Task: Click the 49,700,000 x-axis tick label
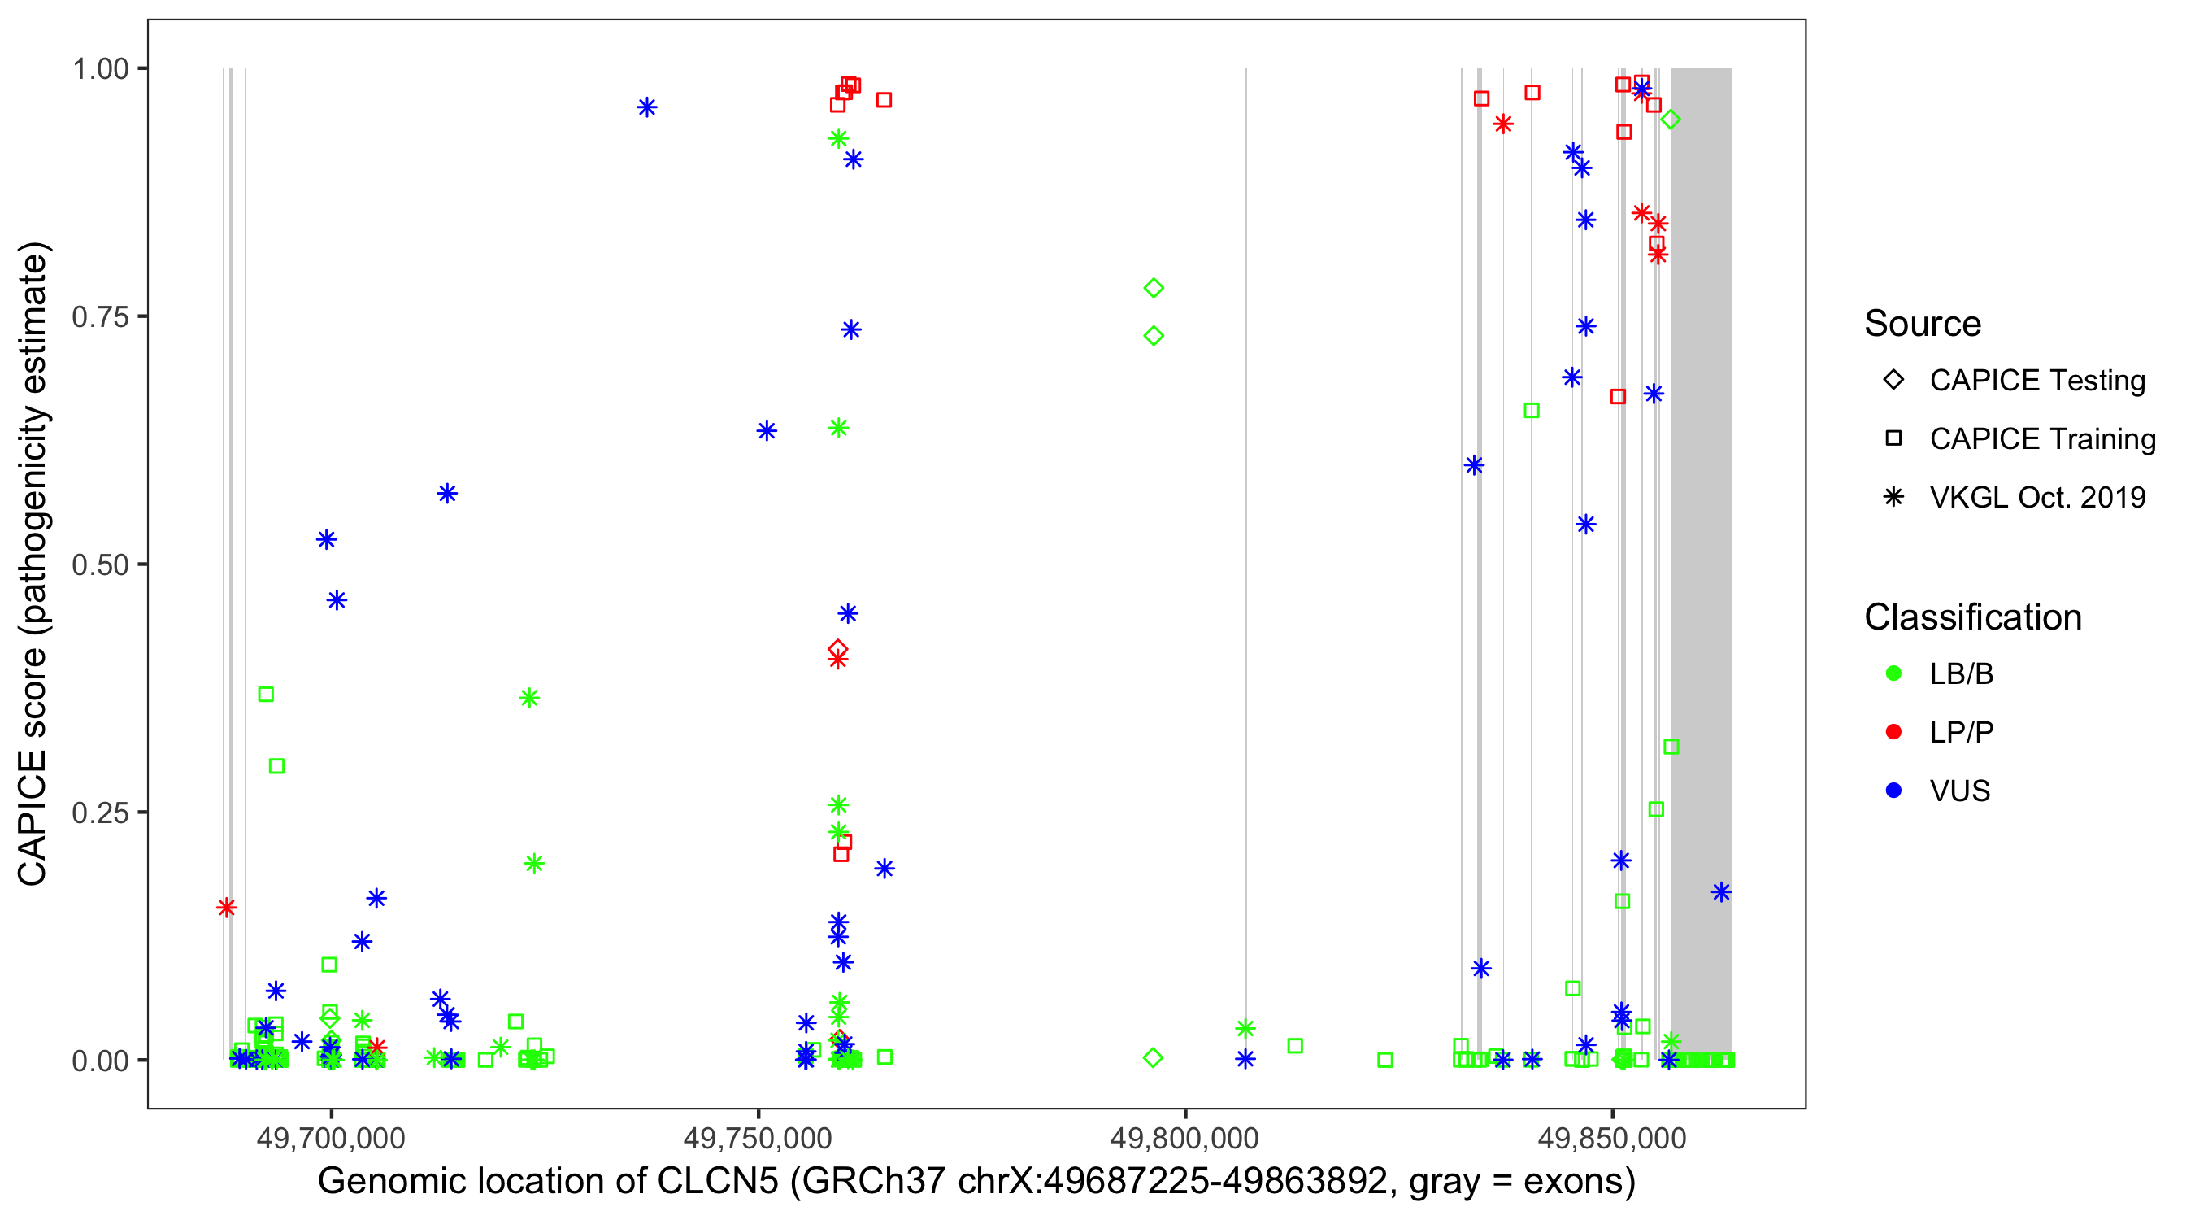331,1138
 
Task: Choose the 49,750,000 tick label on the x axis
758,1138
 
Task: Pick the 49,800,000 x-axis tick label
1184,1138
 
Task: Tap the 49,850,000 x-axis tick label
1612,1138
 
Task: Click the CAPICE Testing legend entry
2036,381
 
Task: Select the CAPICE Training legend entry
2041,439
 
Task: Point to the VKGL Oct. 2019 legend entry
2036,497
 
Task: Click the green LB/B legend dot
1893,673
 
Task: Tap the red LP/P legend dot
1893,732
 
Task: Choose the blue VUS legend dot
1893,791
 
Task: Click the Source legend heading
1923,324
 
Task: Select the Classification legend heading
1972,617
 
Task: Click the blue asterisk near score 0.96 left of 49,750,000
647,107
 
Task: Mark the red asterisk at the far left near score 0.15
226,907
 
